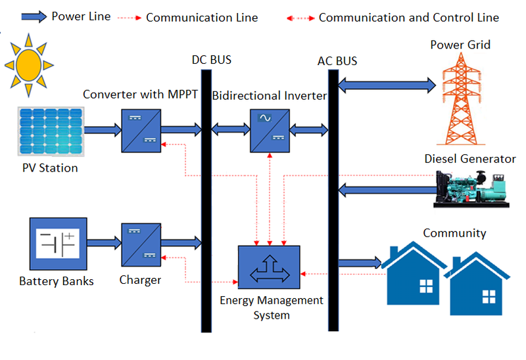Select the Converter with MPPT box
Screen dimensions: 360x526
pyautogui.click(x=141, y=131)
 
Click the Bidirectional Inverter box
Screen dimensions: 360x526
pyautogui.click(x=269, y=131)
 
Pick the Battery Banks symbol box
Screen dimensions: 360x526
pyautogui.click(x=56, y=244)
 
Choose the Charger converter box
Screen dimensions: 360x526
pyautogui.click(x=141, y=244)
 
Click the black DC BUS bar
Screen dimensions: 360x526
pyautogui.click(x=205, y=197)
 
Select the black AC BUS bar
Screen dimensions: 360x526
pyautogui.click(x=333, y=197)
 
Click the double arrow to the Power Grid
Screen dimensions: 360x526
pyautogui.click(x=387, y=85)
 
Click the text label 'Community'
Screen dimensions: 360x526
pyautogui.click(x=454, y=233)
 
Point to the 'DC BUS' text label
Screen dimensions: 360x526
pyautogui.click(x=212, y=60)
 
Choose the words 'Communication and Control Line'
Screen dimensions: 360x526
pyautogui.click(x=408, y=18)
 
